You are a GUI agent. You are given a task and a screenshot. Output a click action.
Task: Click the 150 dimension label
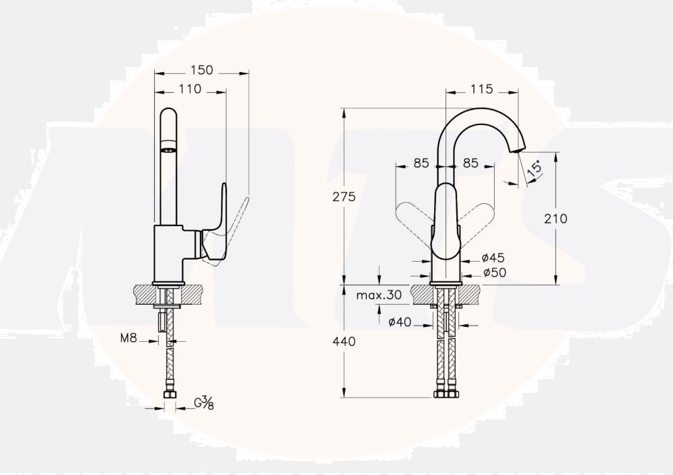click(x=202, y=70)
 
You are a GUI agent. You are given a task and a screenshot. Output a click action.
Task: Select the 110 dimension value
click(x=190, y=89)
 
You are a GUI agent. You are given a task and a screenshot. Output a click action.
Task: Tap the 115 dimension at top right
click(x=482, y=89)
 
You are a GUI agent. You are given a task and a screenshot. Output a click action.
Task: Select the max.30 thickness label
click(x=379, y=295)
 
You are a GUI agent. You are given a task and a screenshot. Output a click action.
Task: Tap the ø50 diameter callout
click(x=494, y=272)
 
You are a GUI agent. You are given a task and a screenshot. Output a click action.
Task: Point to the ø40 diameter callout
click(x=400, y=322)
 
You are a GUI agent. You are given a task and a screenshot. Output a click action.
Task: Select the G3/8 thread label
click(x=204, y=403)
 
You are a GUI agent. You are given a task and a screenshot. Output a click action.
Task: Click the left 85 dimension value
click(x=421, y=163)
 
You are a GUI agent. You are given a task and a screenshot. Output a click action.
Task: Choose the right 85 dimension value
click(x=470, y=163)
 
